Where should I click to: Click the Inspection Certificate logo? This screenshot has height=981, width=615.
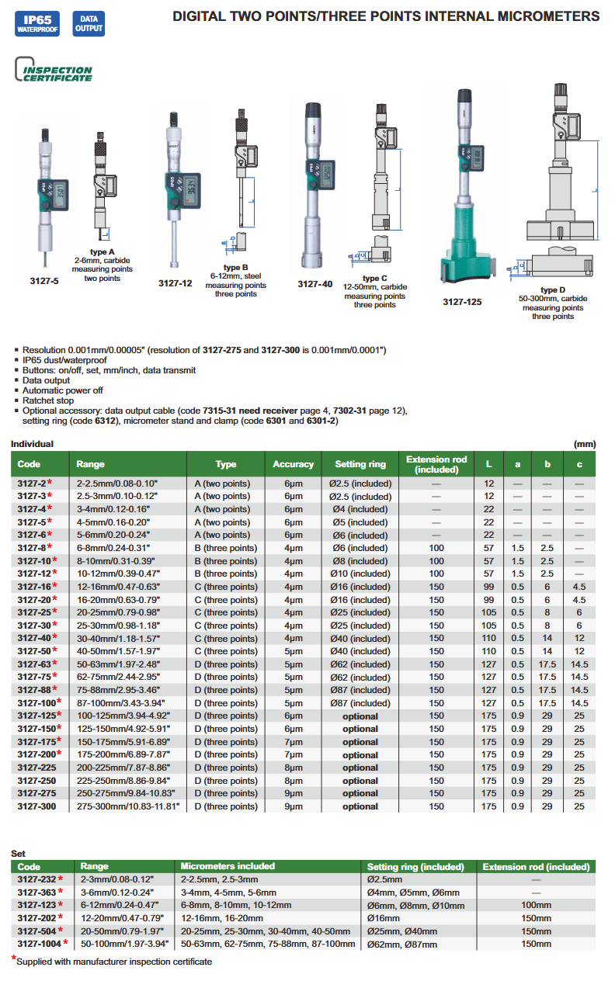click(54, 72)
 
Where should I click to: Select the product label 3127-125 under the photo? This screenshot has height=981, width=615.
click(462, 302)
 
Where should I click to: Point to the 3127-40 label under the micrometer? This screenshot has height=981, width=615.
click(314, 284)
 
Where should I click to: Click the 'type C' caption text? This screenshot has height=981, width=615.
click(375, 278)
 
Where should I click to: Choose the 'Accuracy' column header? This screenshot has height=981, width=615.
click(293, 464)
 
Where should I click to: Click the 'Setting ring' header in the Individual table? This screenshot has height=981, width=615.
click(360, 464)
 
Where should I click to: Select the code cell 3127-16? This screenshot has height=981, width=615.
click(33, 587)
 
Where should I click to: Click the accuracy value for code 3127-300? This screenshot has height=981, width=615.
click(293, 806)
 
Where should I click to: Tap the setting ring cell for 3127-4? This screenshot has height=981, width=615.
click(360, 509)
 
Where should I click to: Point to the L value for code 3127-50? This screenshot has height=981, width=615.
click(488, 651)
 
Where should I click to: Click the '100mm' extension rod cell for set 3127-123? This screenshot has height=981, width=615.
click(536, 905)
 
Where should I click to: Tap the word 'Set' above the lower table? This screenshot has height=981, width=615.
click(18, 853)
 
